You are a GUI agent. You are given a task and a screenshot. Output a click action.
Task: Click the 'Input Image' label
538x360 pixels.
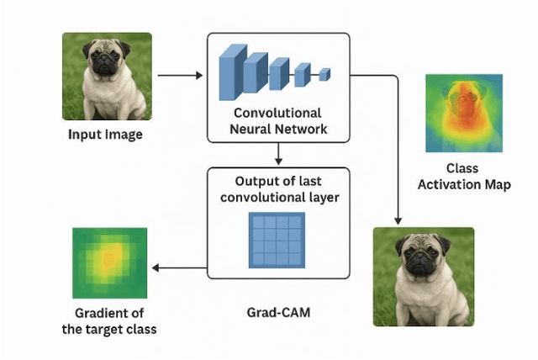pos(106,135)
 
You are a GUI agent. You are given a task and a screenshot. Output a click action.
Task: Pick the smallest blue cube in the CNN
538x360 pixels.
pos(324,75)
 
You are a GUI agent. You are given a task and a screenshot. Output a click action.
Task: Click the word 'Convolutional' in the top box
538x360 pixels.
pos(278,112)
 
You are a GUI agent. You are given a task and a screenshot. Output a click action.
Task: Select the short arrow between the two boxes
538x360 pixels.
pos(278,153)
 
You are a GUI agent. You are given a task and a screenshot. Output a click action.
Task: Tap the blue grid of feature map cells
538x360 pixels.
pos(277,239)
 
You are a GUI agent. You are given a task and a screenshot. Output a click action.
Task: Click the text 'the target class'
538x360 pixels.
pos(109,330)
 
